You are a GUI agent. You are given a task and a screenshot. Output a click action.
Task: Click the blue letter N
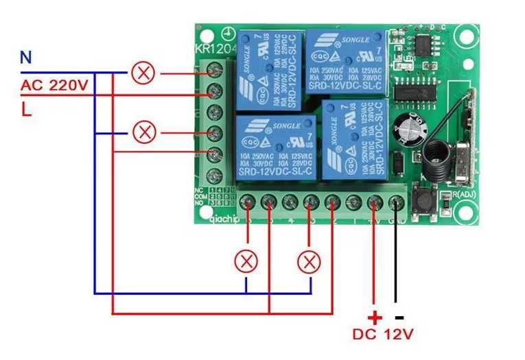(x=25, y=58)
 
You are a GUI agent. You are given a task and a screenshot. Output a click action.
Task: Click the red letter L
(x=26, y=110)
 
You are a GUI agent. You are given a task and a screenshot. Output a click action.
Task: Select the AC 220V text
(x=55, y=86)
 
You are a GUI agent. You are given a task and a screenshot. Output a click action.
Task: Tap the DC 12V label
(x=384, y=335)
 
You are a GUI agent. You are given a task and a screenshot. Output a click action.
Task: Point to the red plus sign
(x=374, y=318)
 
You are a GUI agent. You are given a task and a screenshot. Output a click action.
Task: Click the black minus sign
(x=399, y=317)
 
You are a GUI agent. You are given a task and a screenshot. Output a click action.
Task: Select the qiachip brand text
(x=224, y=219)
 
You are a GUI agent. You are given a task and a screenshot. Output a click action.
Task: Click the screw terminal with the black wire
(x=396, y=202)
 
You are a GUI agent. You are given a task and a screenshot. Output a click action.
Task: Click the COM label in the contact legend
(x=200, y=196)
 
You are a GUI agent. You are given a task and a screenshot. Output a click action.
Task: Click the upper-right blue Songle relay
(x=346, y=62)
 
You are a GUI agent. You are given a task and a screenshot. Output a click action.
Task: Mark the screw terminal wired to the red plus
(x=375, y=202)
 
